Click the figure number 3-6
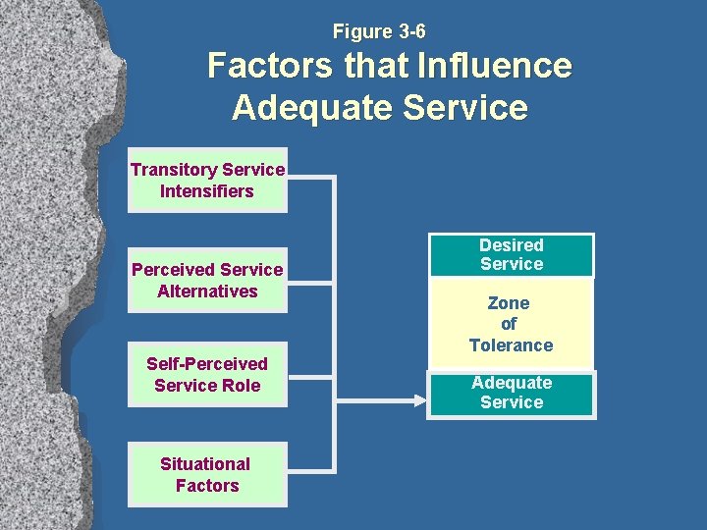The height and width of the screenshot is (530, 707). pos(406,32)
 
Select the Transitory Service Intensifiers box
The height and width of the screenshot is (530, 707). pos(207,181)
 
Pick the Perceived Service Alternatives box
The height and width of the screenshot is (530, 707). pos(207,280)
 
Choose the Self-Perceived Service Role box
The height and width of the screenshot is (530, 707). pos(207,375)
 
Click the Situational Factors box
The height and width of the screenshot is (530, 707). pos(207,474)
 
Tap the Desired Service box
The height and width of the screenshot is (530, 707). pos(511,255)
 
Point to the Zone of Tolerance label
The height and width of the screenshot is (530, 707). pos(511,324)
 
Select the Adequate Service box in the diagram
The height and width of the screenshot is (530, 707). pos(511,393)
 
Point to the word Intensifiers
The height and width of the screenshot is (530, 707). pos(207,191)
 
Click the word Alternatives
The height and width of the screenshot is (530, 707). pos(207,291)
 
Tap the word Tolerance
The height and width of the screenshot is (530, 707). pos(511,345)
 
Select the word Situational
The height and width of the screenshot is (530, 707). pos(205,463)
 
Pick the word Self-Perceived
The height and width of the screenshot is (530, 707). pos(207,364)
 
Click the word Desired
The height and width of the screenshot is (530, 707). pos(511,244)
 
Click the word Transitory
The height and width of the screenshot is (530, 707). pos(174,170)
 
